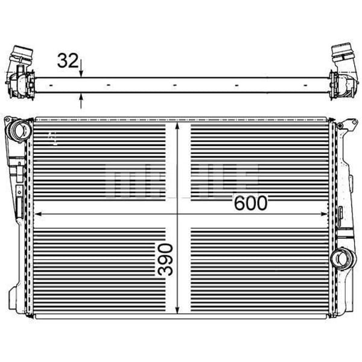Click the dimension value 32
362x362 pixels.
click(x=67, y=60)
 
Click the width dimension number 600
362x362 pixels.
click(x=250, y=203)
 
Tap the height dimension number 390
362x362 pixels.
click(x=166, y=259)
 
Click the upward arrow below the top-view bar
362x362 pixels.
click(x=81, y=98)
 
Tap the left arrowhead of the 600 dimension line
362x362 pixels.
click(x=37, y=214)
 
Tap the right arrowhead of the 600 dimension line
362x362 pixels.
click(x=328, y=214)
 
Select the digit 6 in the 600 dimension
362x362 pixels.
click(x=239, y=203)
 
